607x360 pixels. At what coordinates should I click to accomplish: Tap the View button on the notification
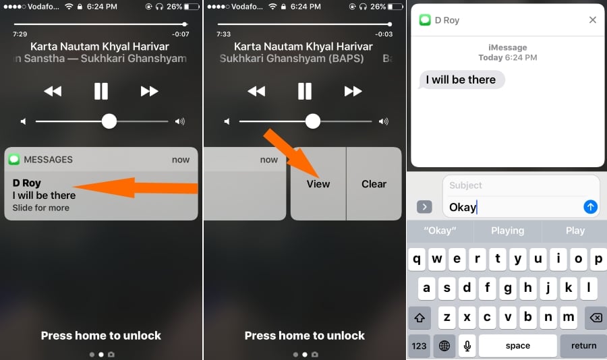coord(318,184)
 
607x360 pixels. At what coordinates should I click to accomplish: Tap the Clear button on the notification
coord(374,184)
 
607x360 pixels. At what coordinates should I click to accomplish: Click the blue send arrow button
coord(590,207)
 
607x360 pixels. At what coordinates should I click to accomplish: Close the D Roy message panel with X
coord(592,20)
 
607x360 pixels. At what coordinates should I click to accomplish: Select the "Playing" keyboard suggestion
coord(507,231)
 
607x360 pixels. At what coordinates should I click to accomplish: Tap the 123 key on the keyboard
coord(419,346)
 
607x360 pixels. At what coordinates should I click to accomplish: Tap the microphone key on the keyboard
coord(467,346)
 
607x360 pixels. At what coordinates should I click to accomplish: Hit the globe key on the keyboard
coord(444,346)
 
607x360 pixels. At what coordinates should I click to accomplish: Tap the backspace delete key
coord(596,318)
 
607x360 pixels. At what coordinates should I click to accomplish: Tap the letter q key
coord(417,259)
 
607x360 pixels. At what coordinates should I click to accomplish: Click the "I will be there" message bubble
coord(461,80)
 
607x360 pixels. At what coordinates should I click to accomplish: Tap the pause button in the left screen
coord(101,92)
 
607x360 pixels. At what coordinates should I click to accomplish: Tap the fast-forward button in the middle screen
coord(353,92)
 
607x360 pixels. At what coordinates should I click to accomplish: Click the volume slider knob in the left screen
coord(109,121)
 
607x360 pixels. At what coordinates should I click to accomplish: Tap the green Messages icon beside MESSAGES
coord(14,160)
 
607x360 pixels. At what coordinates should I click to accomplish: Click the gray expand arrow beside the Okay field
coord(424,207)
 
